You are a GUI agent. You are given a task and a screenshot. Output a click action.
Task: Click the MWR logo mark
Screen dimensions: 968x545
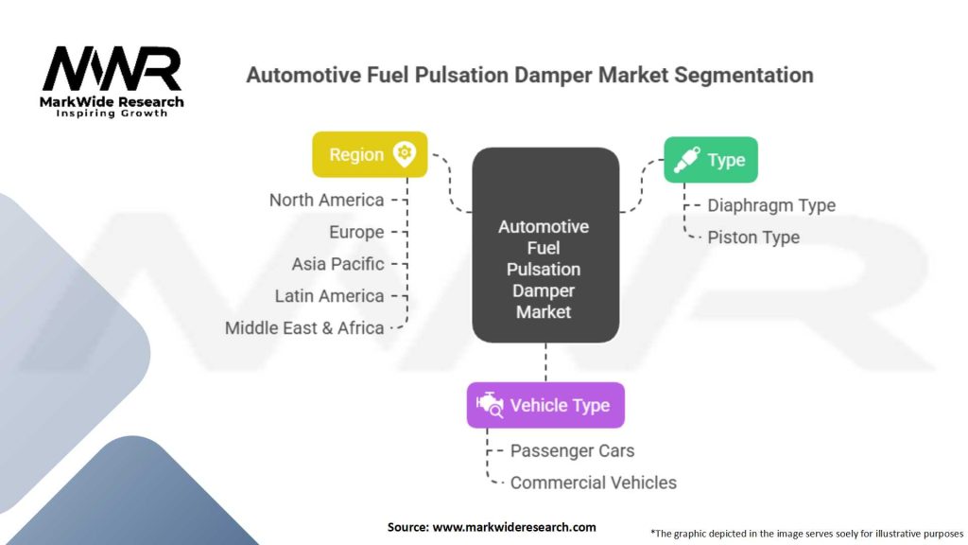tap(112, 68)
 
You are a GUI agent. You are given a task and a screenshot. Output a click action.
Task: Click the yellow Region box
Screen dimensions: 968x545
tap(370, 154)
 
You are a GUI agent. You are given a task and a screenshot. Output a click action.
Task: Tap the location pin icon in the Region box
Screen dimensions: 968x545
tap(405, 154)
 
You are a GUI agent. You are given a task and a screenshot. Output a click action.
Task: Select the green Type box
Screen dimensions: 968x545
tap(711, 159)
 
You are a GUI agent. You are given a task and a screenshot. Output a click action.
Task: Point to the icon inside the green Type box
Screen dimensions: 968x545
tap(686, 159)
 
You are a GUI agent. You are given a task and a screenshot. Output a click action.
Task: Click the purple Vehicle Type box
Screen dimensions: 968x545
tap(545, 405)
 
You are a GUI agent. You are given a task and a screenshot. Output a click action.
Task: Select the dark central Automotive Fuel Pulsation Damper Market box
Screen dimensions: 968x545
tap(545, 245)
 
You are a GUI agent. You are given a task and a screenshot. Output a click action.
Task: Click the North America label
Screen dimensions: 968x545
tap(326, 201)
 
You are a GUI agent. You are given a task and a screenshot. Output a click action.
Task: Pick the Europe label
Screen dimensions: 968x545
tap(356, 233)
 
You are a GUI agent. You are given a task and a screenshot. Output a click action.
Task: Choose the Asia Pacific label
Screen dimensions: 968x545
tap(337, 265)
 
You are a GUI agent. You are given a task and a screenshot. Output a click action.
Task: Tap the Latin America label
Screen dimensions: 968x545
tap(329, 296)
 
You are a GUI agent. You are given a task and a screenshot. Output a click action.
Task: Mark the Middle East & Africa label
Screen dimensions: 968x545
tap(304, 328)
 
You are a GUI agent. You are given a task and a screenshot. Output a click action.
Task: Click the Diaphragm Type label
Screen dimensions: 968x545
tap(771, 205)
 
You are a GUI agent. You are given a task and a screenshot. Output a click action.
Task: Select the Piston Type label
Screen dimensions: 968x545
tap(753, 237)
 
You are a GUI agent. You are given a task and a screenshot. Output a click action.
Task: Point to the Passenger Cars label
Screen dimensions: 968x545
tap(572, 451)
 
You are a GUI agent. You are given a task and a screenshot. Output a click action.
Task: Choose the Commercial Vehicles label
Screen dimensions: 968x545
tap(594, 483)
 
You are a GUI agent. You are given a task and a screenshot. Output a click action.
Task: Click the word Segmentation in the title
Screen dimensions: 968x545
tap(743, 76)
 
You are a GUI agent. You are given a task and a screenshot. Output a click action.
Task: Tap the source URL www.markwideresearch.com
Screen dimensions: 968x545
tap(514, 527)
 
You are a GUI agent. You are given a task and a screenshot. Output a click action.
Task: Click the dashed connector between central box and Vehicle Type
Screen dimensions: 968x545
tap(545, 362)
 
